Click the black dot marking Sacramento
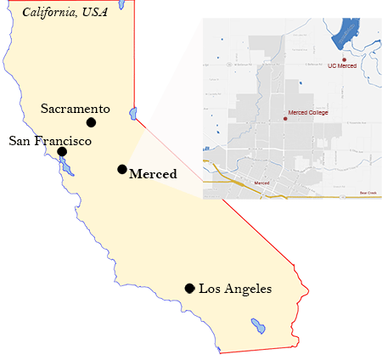tap(91, 122)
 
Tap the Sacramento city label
tap(76, 109)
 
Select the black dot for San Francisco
tap(62, 152)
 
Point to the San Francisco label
tap(50, 140)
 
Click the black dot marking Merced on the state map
tap(122, 169)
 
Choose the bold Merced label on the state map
tap(153, 175)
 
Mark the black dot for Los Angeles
tap(189, 289)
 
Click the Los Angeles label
tap(235, 290)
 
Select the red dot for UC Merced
tap(344, 59)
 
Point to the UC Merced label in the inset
tap(341, 65)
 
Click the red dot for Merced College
tap(285, 119)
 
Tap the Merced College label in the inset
tap(309, 113)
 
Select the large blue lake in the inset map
tap(345, 33)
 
